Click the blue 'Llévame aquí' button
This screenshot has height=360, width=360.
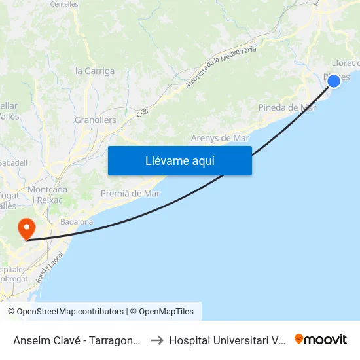179,160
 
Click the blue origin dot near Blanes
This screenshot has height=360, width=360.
334,81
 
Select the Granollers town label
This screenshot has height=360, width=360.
96,120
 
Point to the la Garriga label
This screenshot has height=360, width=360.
92,71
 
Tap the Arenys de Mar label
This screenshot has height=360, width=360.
220,138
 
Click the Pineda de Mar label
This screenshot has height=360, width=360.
287,107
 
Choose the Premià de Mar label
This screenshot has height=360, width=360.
130,193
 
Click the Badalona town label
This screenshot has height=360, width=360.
77,222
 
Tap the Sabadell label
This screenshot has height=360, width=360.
13,162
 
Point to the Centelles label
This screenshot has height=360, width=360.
64,4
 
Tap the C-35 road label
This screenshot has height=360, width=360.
143,113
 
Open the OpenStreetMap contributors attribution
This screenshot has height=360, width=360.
65,312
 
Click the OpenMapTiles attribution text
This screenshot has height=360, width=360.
166,312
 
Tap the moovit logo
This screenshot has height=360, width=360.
321,339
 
